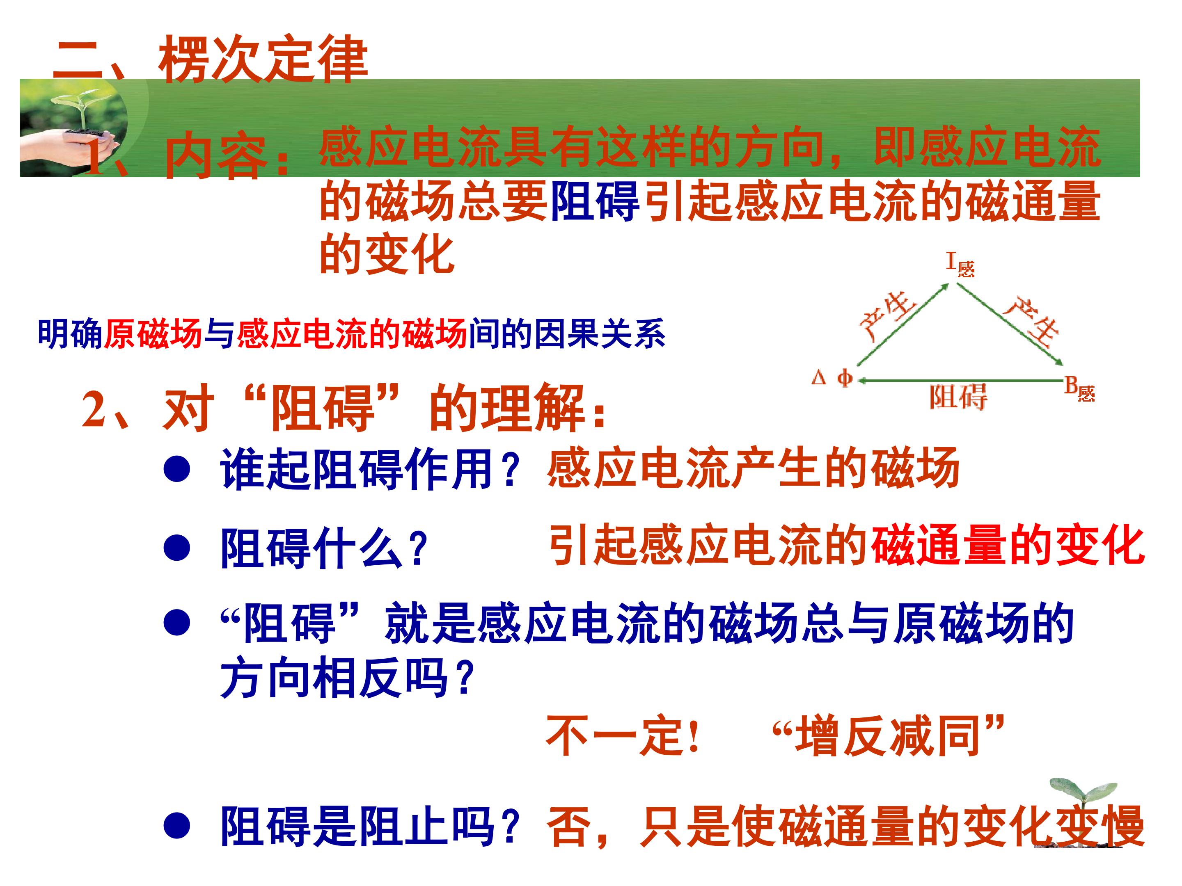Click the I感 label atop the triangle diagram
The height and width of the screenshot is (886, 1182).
click(960, 264)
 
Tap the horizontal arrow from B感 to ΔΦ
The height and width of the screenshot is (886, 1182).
click(959, 380)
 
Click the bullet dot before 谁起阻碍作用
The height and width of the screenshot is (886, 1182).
click(177, 469)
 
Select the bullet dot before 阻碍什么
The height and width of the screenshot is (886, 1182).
click(177, 548)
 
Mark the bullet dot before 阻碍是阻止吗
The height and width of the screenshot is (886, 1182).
click(177, 826)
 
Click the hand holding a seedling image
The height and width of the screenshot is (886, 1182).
click(72, 131)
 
